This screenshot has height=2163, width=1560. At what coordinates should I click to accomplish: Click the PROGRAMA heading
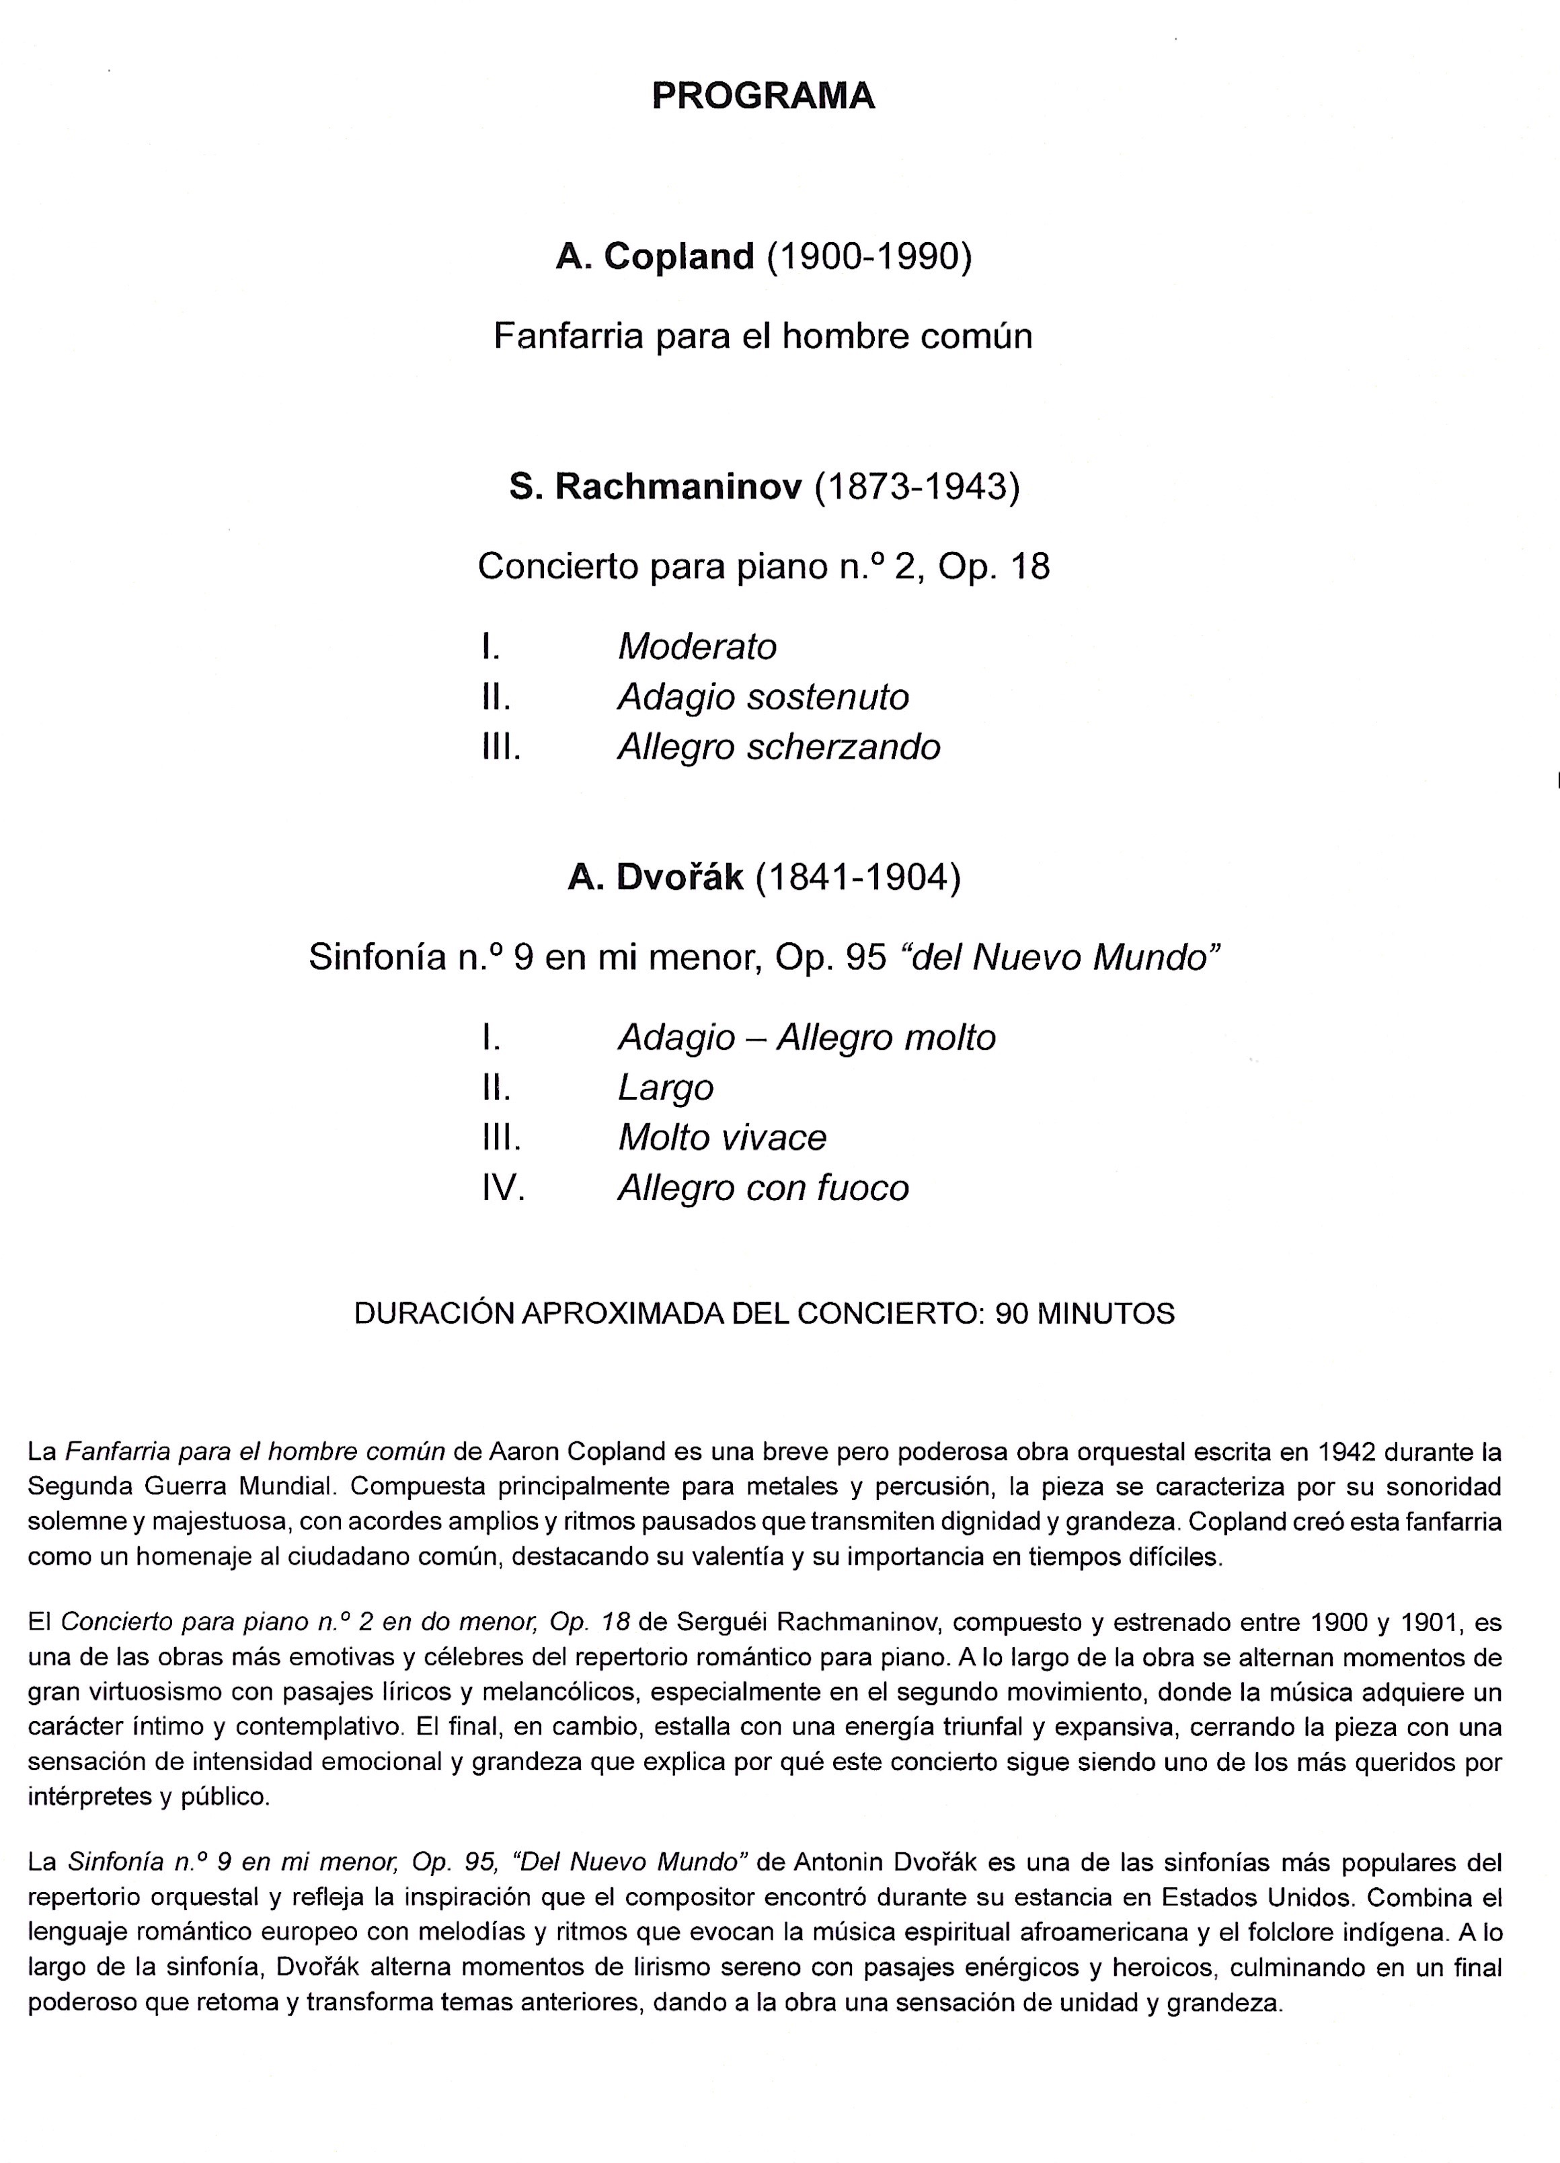coord(763,96)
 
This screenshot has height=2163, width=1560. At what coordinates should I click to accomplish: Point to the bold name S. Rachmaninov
coord(655,488)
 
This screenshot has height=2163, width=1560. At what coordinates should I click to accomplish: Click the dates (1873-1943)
coord(916,488)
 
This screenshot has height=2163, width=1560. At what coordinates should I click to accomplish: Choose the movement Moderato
coord(697,646)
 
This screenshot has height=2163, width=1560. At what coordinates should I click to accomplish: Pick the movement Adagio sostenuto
coord(763,697)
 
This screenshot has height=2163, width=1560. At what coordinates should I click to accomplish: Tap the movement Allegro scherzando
coord(778,747)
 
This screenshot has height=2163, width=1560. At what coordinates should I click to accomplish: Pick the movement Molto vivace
coord(721,1138)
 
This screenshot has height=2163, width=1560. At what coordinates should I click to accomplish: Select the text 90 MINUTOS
coord(1084,1314)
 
